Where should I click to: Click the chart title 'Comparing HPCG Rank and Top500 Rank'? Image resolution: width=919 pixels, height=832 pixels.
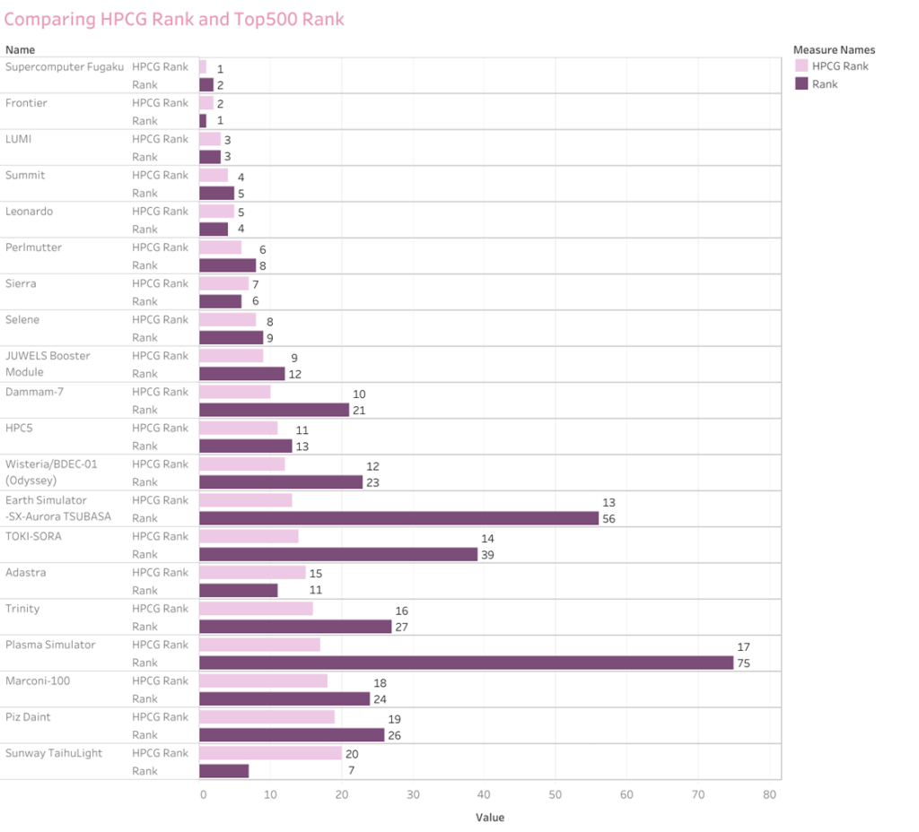click(x=175, y=19)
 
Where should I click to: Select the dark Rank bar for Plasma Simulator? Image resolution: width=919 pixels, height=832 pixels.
click(x=466, y=663)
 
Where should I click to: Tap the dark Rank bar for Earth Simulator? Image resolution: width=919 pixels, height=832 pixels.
click(x=398, y=518)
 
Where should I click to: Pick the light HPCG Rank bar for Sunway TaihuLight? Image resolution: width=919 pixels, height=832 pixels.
click(x=270, y=753)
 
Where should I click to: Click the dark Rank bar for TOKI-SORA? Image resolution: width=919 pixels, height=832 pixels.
click(x=338, y=554)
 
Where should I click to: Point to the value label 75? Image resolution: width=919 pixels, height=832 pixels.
click(x=743, y=663)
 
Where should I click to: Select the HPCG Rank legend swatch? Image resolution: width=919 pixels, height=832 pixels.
click(x=801, y=65)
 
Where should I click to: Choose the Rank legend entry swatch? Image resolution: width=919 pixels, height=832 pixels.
click(x=801, y=83)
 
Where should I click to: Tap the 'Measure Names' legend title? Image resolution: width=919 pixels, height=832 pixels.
click(x=834, y=50)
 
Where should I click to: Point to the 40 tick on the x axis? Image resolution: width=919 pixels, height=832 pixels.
click(x=484, y=794)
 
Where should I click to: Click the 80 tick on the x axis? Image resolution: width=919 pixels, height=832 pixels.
click(x=769, y=794)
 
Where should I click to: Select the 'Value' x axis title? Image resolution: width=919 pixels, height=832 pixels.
click(x=490, y=817)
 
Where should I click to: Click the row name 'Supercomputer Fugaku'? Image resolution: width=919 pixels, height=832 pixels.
click(x=65, y=67)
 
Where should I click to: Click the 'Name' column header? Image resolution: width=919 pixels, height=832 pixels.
click(x=21, y=50)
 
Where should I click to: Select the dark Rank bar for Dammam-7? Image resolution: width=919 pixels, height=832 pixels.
click(x=274, y=410)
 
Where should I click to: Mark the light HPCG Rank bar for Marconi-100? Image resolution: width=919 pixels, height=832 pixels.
click(x=263, y=680)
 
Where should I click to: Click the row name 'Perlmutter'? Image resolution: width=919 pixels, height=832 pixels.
click(x=33, y=247)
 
